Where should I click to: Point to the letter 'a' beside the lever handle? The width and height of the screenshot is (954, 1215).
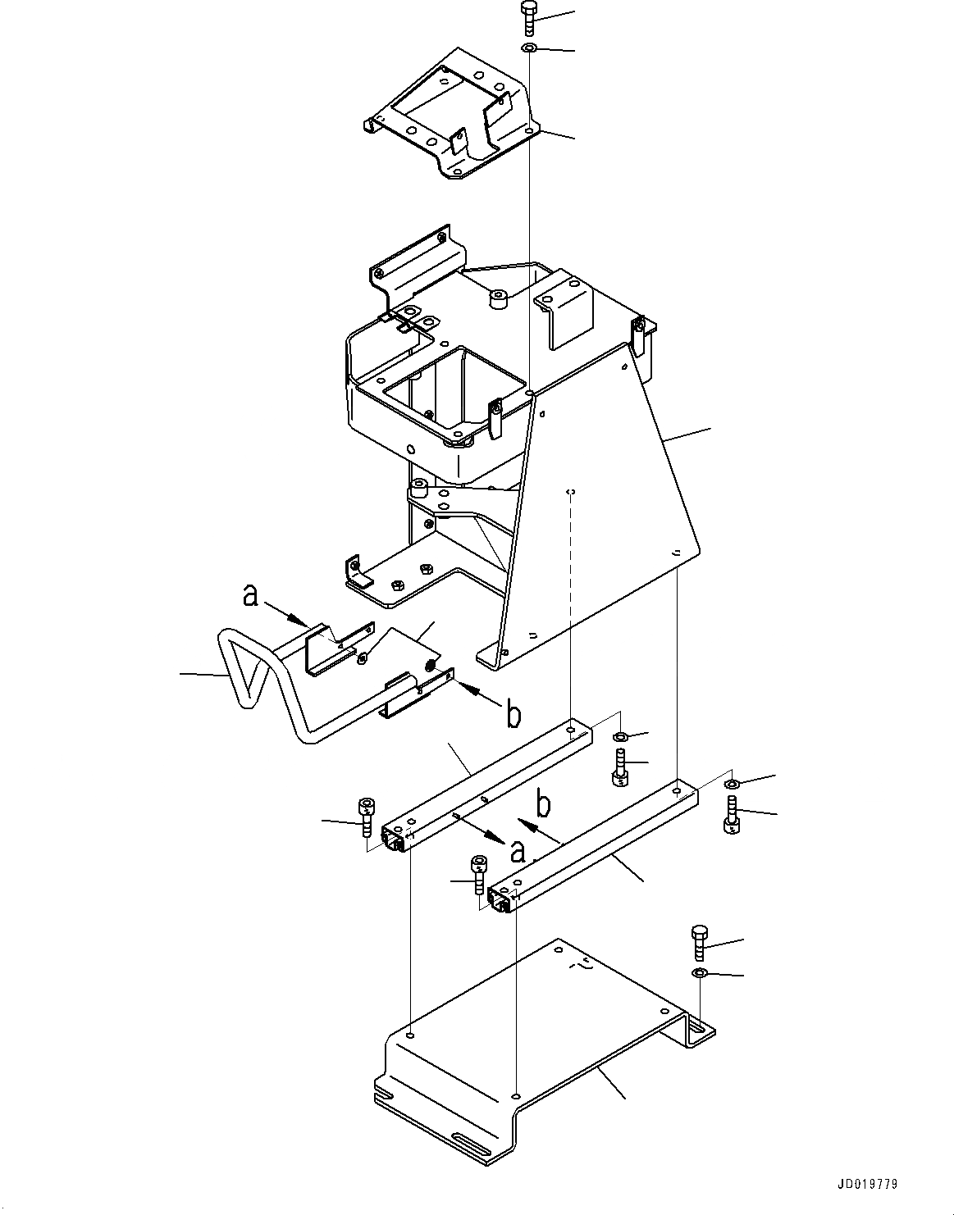click(251, 596)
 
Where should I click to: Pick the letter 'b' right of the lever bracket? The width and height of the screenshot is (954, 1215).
click(513, 715)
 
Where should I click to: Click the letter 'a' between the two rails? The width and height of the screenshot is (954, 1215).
click(517, 853)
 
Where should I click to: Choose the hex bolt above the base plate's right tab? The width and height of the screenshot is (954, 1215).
click(699, 942)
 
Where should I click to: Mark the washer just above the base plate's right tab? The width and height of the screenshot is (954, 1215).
click(699, 973)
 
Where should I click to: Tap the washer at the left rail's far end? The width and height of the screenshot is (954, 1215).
click(620, 735)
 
